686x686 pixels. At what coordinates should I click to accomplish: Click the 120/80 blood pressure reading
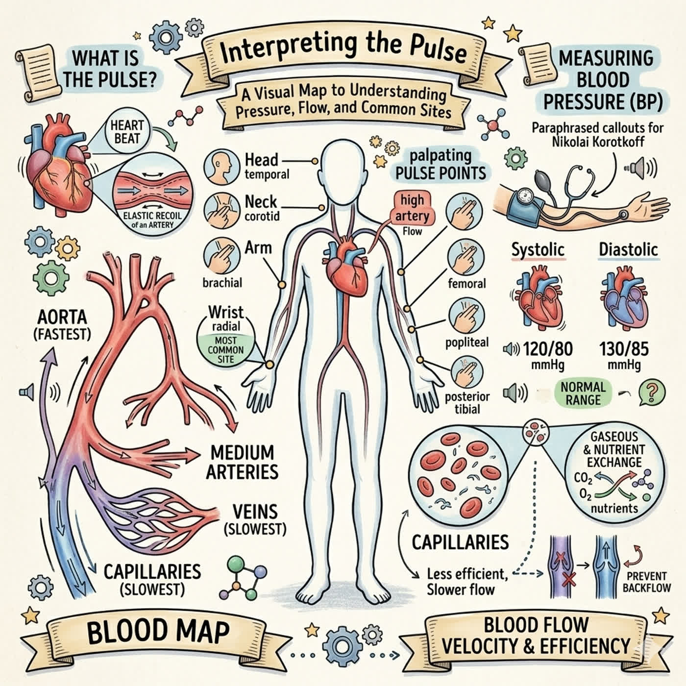point(547,349)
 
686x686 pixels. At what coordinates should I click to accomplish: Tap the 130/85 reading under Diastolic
point(624,349)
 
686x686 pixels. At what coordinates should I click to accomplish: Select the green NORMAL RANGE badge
point(583,393)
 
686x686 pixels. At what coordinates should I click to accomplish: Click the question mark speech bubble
point(652,392)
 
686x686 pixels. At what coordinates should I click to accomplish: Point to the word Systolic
point(538,249)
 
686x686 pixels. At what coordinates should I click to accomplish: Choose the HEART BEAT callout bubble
point(127,132)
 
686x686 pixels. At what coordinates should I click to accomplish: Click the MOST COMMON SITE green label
point(226,349)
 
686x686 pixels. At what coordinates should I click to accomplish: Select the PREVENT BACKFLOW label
point(646,582)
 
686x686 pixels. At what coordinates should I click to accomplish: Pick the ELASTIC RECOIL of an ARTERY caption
point(152,220)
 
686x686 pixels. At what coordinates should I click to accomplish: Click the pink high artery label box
point(412,208)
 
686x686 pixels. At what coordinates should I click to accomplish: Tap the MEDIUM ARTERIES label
point(243,463)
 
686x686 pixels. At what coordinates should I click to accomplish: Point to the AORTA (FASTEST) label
point(62,325)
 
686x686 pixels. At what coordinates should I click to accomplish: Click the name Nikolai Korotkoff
point(598,142)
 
